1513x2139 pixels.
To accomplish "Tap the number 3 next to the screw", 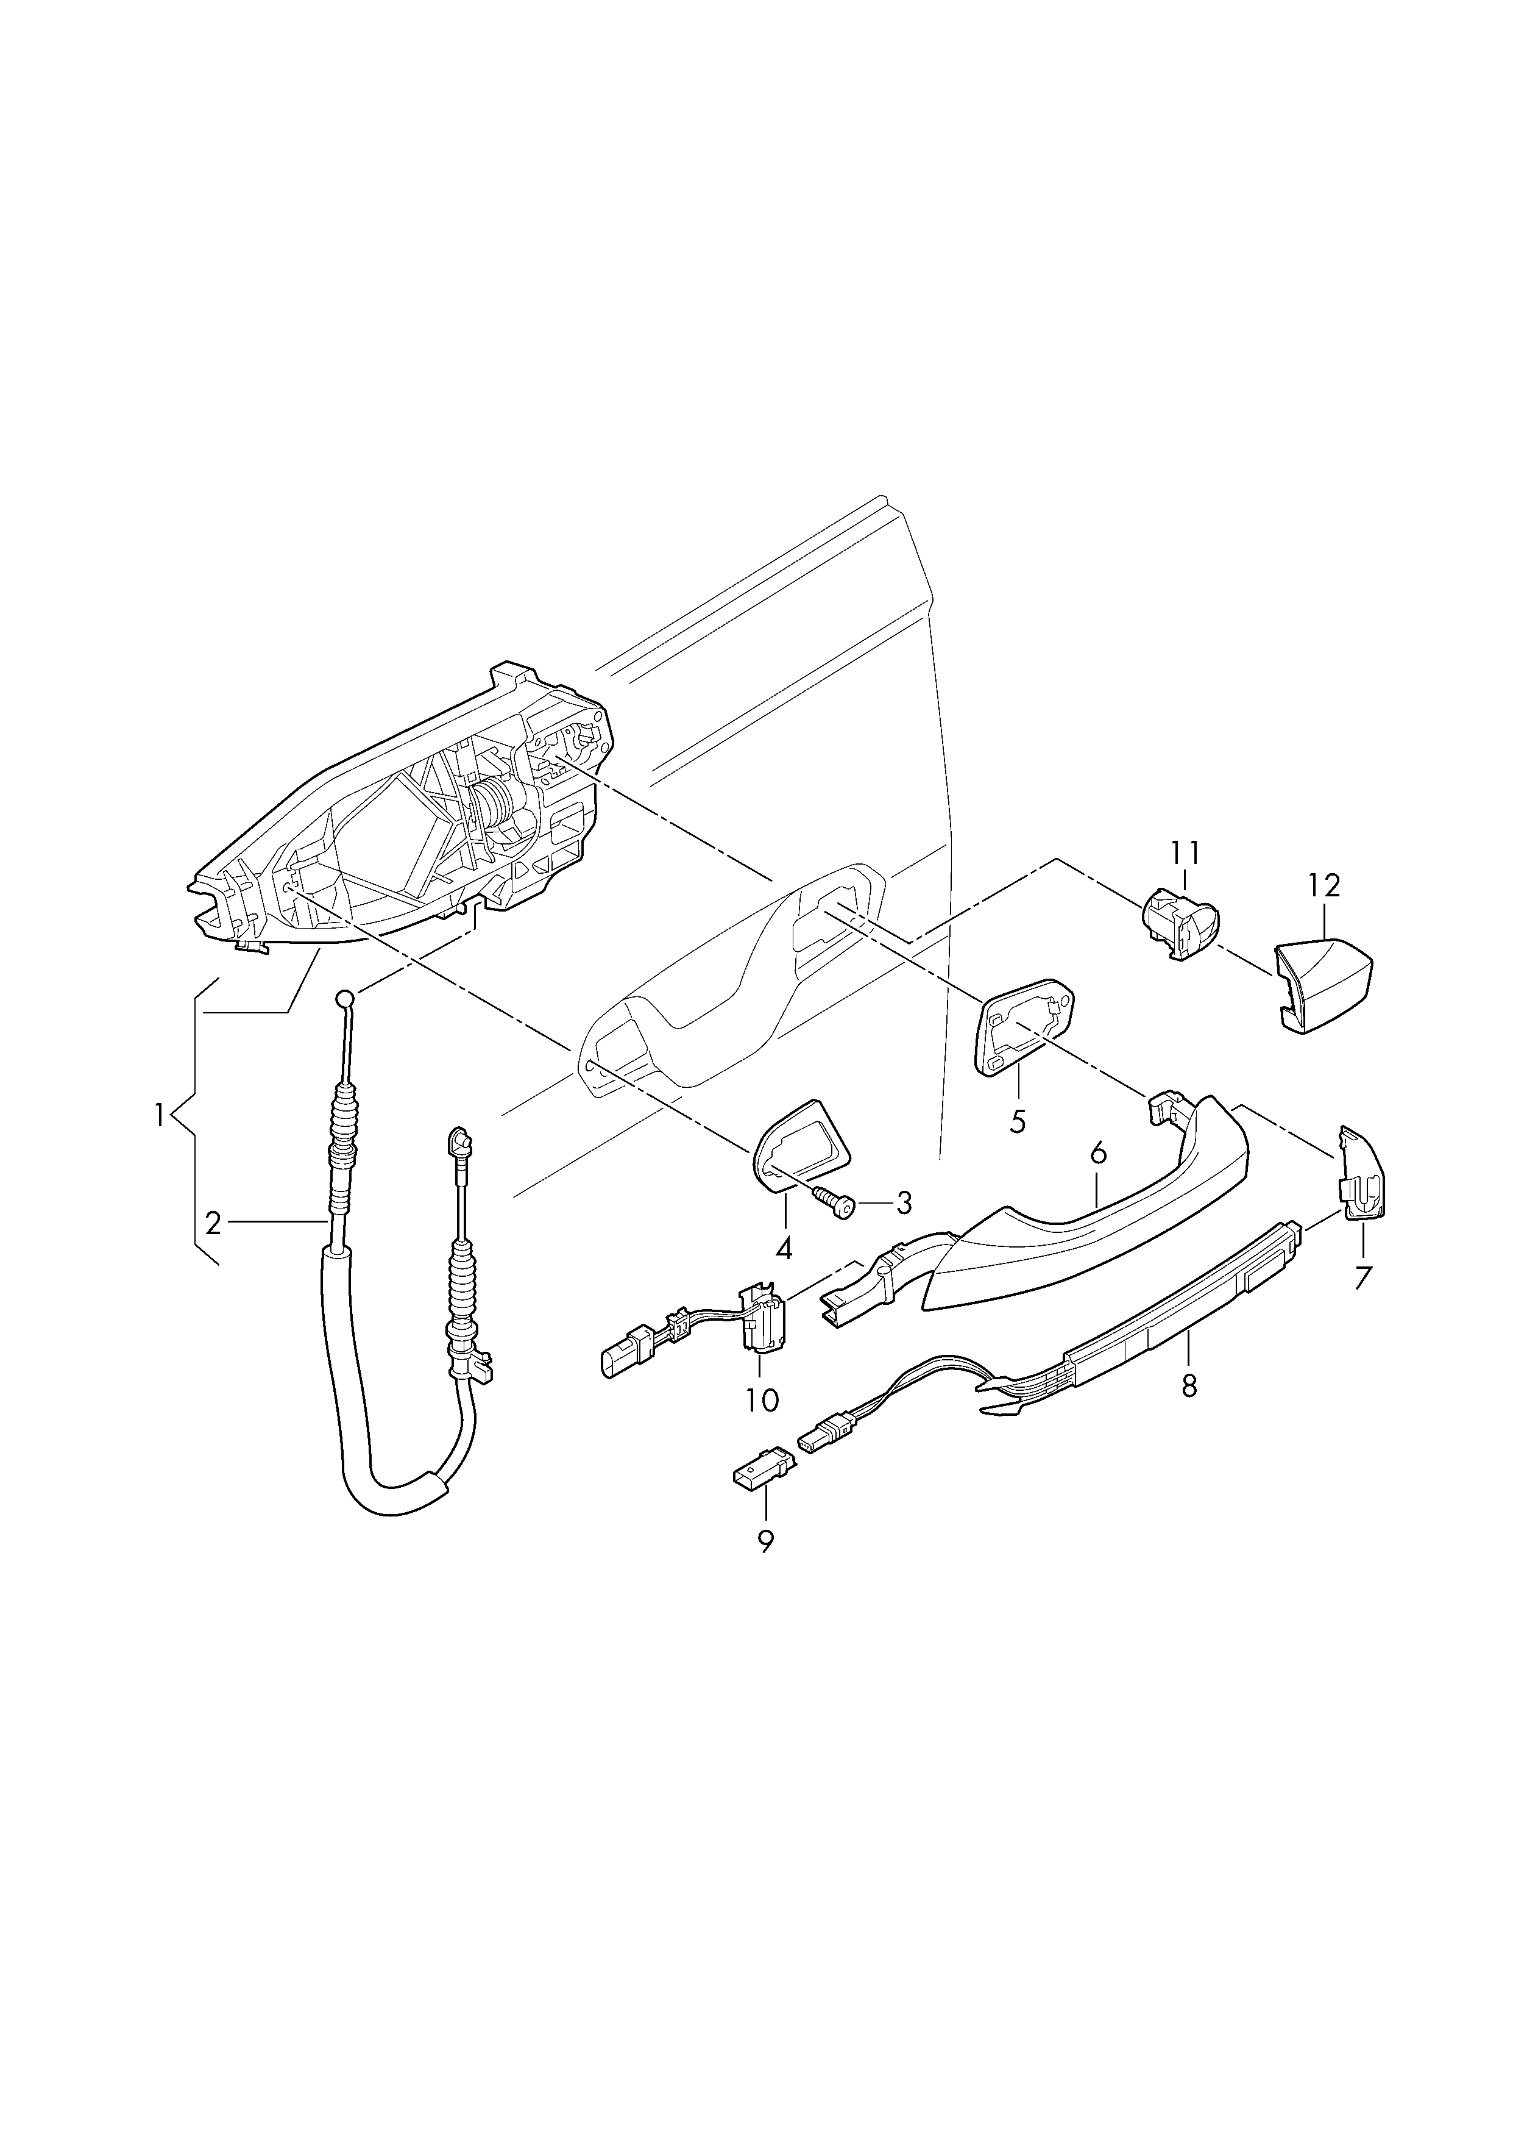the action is pos(903,1203).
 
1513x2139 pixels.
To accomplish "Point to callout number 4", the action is pos(784,1248).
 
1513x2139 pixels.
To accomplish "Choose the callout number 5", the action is pos(1018,1120).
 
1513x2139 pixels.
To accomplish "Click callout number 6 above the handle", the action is pos(1099,1154).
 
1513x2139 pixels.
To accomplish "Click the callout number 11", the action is pos(1185,853).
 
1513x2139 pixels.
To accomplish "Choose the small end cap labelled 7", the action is pos(1362,1176).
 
